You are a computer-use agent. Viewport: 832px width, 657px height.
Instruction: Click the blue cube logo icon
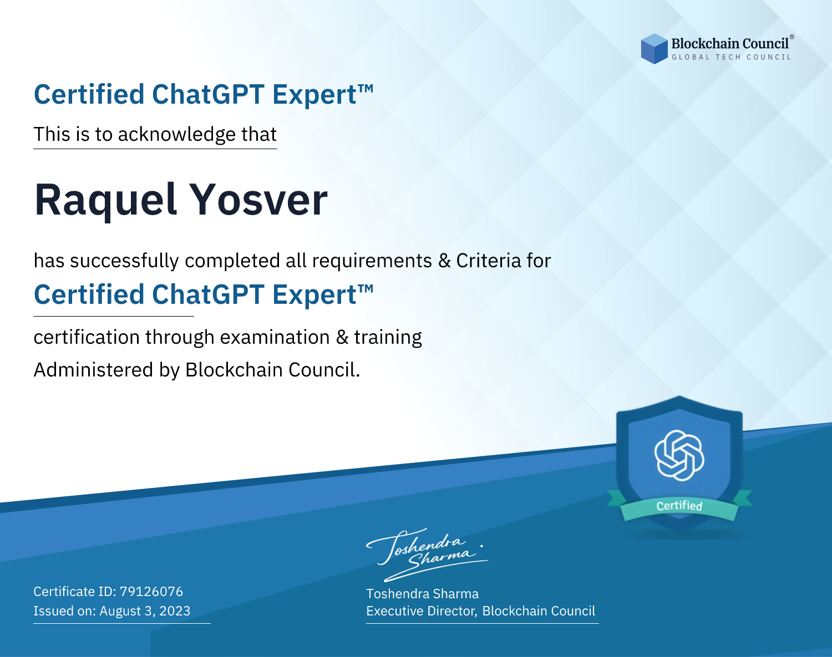654,49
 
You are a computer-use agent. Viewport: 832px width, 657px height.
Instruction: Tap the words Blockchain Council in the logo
730,44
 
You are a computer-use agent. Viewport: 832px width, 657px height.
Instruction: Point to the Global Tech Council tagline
732,57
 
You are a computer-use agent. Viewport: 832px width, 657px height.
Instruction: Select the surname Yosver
260,199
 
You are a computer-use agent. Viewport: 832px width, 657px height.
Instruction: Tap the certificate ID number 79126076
151,591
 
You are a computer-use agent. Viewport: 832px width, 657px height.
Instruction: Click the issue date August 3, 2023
145,611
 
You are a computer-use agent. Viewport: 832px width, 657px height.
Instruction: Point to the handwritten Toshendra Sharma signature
427,554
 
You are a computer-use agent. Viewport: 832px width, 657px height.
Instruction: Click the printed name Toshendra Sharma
422,594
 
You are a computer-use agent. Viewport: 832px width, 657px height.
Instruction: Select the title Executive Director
420,611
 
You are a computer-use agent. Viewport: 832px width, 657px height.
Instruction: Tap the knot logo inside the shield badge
679,455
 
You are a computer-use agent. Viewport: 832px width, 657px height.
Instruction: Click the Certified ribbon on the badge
679,506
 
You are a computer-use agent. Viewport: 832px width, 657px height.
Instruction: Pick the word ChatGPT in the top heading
209,94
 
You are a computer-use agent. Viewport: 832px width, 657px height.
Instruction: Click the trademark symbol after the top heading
366,89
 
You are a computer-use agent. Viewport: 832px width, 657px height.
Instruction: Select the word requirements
372,261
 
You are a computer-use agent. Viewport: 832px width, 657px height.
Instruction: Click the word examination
275,337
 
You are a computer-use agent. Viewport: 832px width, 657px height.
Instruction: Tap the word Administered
94,370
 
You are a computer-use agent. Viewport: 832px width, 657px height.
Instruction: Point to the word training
388,338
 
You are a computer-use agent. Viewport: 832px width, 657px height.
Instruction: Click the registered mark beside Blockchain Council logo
792,37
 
